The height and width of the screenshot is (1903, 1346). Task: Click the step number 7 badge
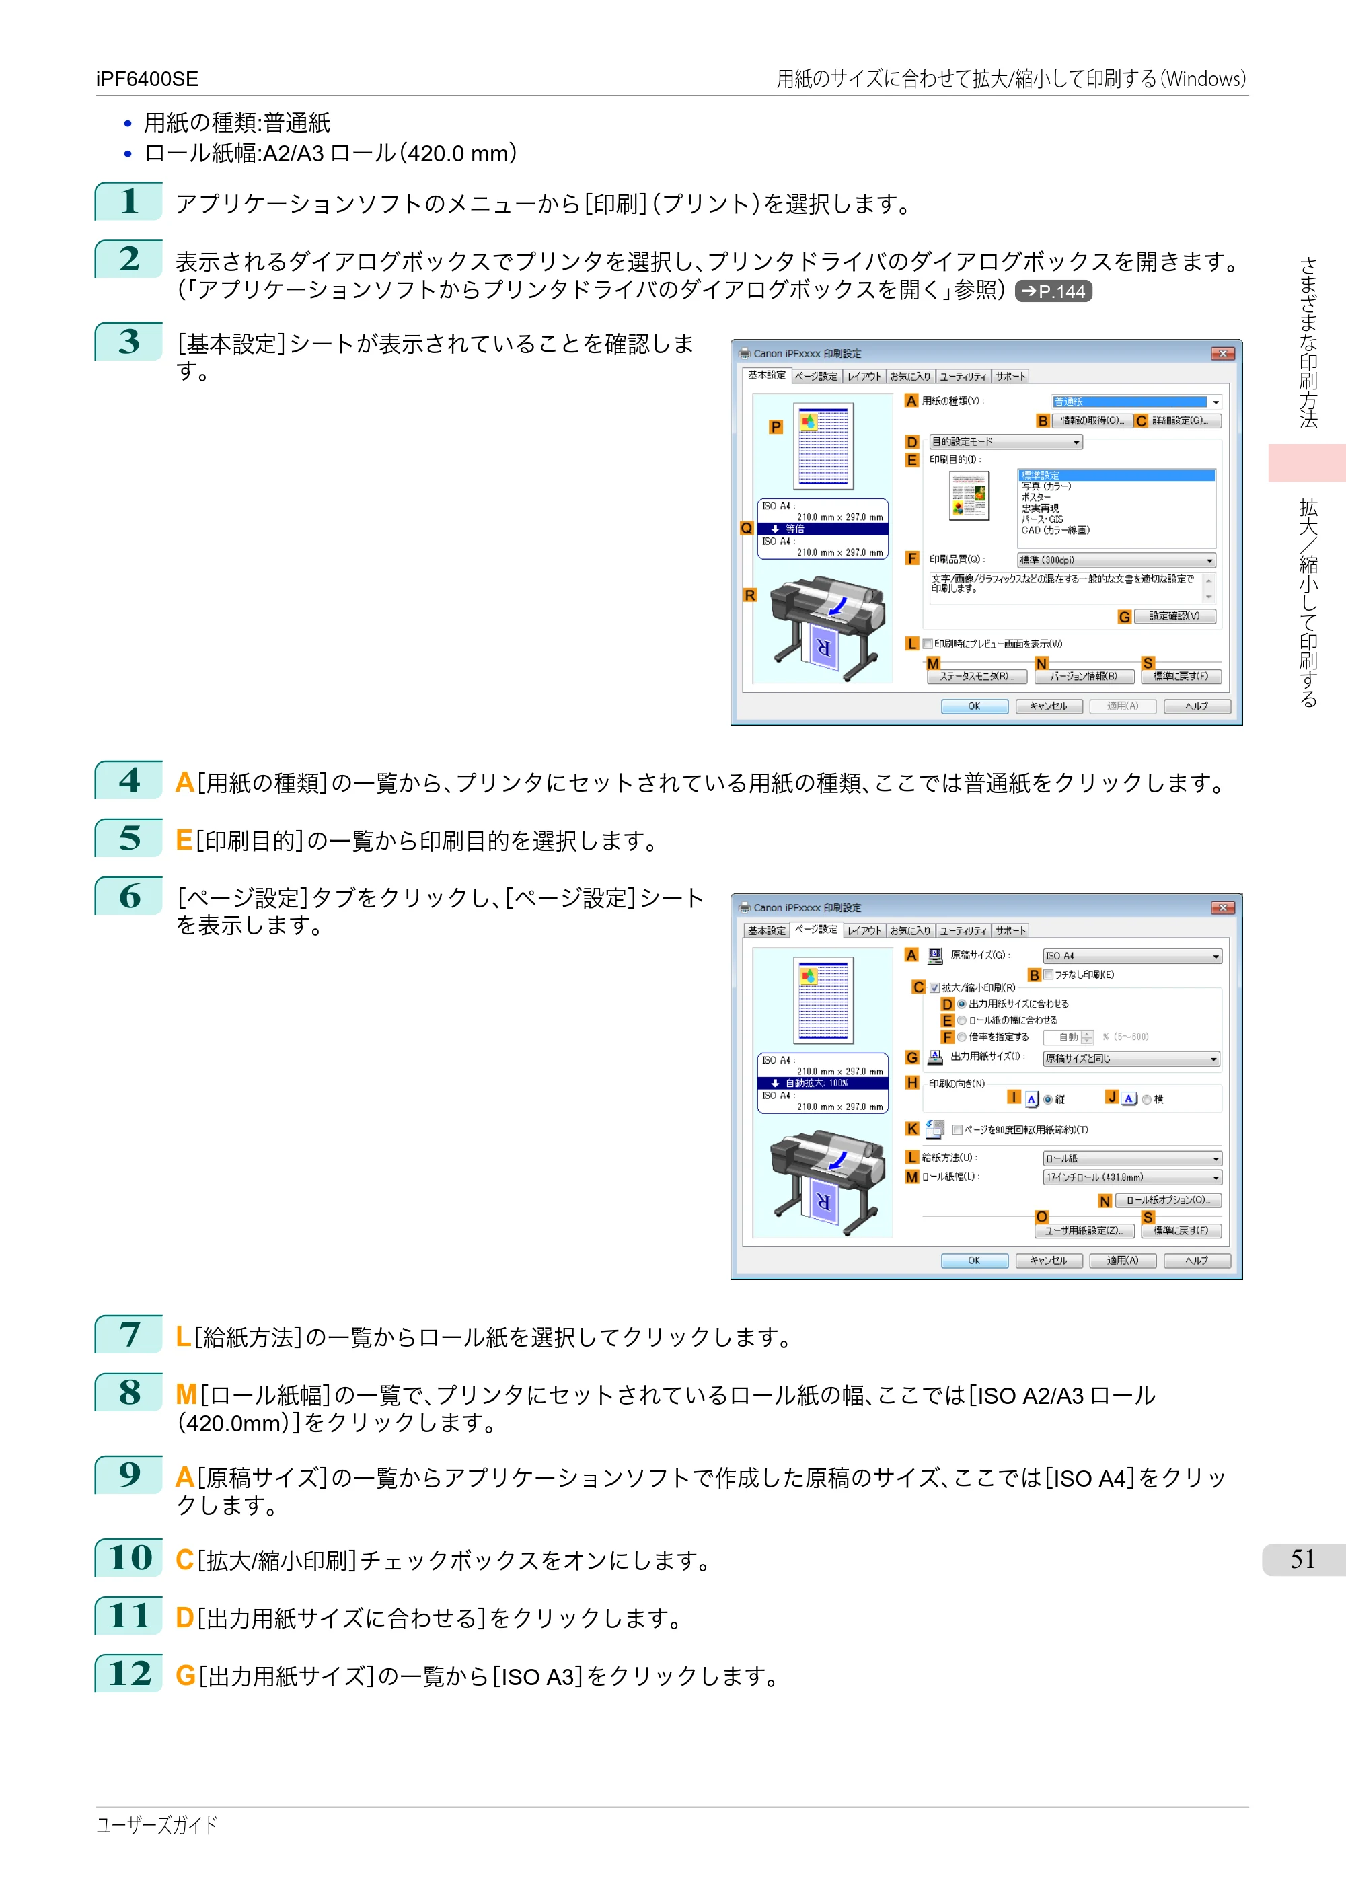(128, 1335)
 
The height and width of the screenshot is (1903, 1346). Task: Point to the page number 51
(1303, 1559)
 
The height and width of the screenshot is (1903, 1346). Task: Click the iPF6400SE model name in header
(147, 79)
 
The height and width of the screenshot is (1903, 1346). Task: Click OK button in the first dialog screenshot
(974, 706)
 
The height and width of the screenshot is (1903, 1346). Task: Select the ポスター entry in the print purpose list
(1036, 497)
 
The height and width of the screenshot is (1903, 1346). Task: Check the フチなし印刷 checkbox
(1049, 975)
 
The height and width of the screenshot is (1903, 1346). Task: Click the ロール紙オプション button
(1168, 1200)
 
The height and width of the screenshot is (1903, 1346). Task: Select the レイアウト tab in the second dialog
(864, 931)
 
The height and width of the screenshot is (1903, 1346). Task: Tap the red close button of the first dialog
(1222, 354)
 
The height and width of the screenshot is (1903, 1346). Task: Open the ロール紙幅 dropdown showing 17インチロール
(1132, 1178)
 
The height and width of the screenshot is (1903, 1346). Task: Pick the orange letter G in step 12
(186, 1676)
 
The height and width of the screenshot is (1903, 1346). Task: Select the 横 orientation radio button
(1147, 1100)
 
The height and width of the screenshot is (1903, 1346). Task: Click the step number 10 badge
(128, 1557)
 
